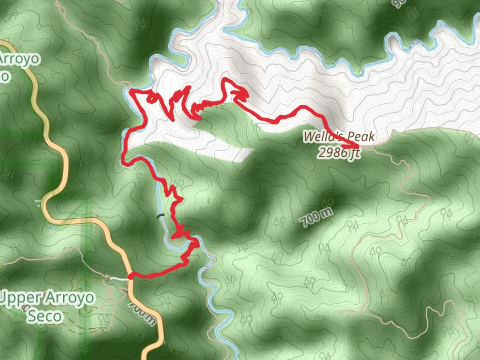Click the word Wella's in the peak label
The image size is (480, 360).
[x=320, y=136]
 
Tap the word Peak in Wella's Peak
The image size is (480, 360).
[x=361, y=136]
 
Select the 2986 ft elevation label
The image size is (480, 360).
[x=338, y=153]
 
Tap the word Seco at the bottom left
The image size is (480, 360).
[x=45, y=316]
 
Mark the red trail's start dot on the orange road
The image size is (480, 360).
[x=131, y=276]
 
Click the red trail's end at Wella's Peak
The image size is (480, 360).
[x=357, y=146]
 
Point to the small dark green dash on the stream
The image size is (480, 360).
[x=161, y=215]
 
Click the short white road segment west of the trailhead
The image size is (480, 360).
[x=119, y=278]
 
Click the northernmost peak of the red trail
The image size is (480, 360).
[x=226, y=79]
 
